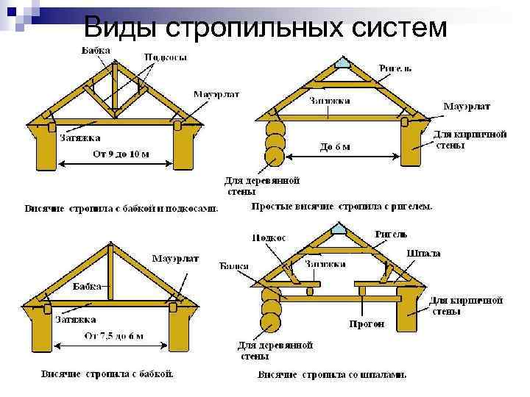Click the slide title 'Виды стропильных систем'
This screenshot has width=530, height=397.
click(x=265, y=27)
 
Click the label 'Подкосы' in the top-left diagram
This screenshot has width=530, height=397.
click(x=165, y=57)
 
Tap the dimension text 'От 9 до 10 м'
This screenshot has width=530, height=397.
click(x=120, y=154)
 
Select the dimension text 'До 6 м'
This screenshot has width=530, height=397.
click(x=335, y=146)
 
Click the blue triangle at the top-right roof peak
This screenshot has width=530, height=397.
click(x=343, y=63)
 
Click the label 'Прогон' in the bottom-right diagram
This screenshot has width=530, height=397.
click(x=366, y=323)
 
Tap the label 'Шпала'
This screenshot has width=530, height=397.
click(x=423, y=253)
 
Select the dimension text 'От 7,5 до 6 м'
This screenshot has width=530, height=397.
click(x=113, y=336)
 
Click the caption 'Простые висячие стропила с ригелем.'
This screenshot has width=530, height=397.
click(x=342, y=207)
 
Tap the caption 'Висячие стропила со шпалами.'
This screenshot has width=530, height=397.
click(x=331, y=375)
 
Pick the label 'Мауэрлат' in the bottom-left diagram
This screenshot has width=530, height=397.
click(x=175, y=259)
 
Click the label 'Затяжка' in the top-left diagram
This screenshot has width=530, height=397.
click(x=79, y=137)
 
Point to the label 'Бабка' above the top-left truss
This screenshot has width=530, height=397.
click(x=96, y=50)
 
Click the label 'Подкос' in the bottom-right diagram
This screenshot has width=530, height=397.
click(x=269, y=237)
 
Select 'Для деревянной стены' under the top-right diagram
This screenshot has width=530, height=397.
click(x=262, y=185)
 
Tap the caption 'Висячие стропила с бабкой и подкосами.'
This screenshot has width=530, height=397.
click(x=121, y=208)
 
